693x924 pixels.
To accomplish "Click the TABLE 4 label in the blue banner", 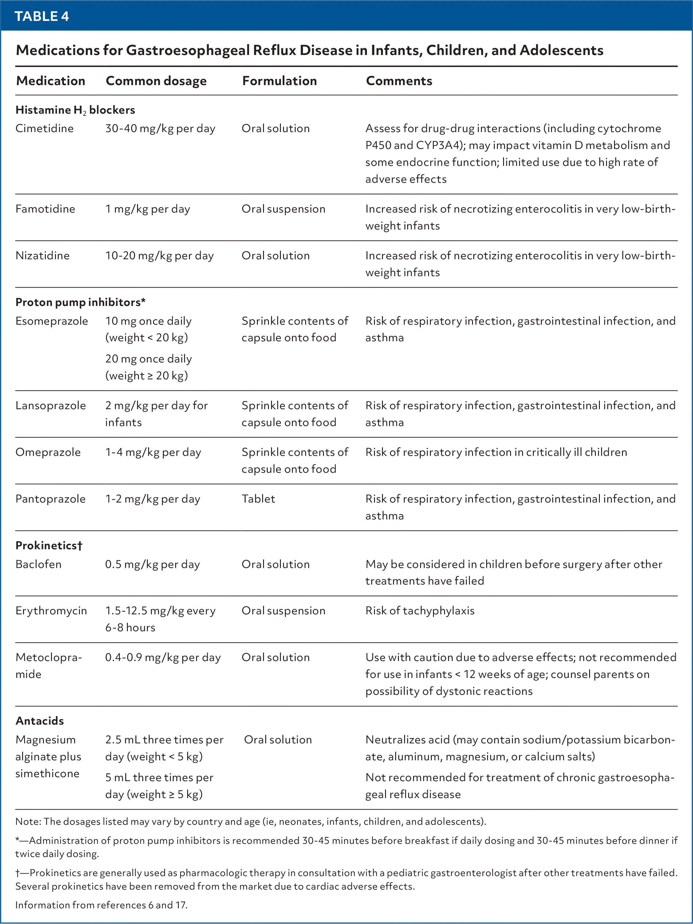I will [x=42, y=16].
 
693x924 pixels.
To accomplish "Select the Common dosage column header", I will [x=156, y=80].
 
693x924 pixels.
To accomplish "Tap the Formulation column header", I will [x=279, y=80].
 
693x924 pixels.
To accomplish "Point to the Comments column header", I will [x=399, y=80].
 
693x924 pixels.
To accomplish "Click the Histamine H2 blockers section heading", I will [x=75, y=110].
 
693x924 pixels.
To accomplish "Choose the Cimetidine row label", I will [x=44, y=128].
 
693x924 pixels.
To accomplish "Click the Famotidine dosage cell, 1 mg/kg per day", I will [x=148, y=209].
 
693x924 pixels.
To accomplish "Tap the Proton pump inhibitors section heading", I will [x=80, y=302].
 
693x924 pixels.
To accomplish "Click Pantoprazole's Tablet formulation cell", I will [x=258, y=499].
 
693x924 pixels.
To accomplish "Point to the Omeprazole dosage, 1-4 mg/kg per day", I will [x=153, y=452].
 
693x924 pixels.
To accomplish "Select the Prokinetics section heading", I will [x=49, y=545].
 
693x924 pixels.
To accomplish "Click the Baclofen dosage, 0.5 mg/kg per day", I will [x=152, y=564].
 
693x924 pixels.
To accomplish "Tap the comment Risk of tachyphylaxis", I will [x=420, y=611].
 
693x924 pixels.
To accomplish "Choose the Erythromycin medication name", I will [x=51, y=611].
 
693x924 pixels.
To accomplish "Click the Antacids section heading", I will [x=40, y=721].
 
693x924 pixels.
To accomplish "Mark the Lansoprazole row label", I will [x=51, y=405].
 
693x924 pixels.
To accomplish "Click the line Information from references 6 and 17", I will [x=101, y=905].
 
